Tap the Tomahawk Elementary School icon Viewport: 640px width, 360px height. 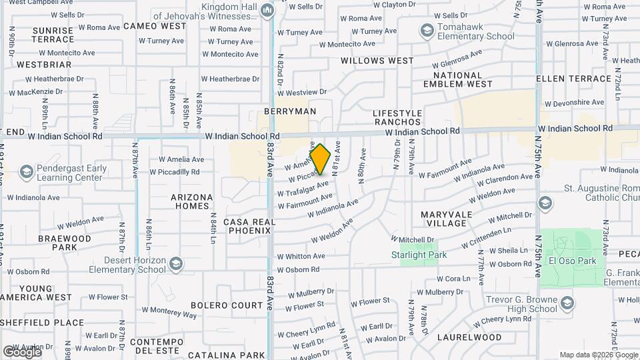click(427, 30)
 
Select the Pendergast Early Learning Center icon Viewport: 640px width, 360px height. click(26, 173)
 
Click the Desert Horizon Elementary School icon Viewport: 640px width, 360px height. click(175, 265)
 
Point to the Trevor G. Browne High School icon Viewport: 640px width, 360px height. click(567, 304)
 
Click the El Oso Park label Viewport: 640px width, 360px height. click(572, 261)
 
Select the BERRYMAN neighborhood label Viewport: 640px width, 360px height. click(289, 111)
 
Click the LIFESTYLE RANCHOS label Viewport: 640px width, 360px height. click(397, 118)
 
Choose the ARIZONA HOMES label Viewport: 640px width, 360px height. click(192, 201)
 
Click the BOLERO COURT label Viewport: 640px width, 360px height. click(227, 305)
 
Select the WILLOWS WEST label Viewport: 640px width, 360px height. click(377, 61)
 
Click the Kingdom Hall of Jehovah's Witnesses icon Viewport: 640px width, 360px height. click(267, 9)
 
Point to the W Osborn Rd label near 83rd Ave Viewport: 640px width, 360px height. click(298, 270)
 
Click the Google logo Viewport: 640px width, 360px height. click(21, 351)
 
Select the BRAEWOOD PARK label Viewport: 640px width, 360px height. click(64, 243)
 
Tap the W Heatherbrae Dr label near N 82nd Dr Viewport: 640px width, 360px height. click(229, 79)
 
